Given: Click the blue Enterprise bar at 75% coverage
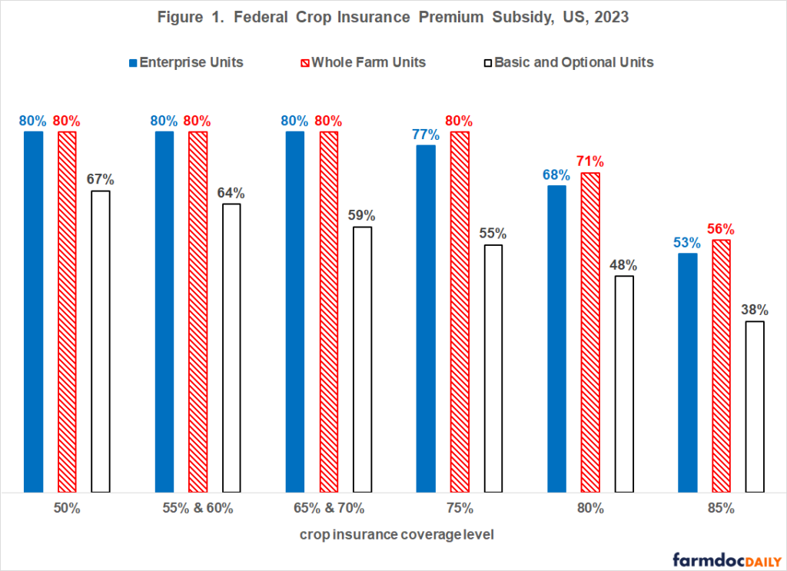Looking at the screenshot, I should [x=426, y=318].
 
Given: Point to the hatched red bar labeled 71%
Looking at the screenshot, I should [x=590, y=332].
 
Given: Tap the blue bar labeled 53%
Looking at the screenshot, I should [x=688, y=372].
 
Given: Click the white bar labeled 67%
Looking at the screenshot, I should [x=101, y=340].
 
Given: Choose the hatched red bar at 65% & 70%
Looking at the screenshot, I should [x=329, y=311].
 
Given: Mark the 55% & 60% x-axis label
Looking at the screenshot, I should [x=198, y=508].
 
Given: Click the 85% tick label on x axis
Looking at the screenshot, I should [x=722, y=508].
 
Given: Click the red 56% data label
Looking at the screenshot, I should [x=722, y=229].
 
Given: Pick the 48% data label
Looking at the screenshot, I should [x=624, y=265].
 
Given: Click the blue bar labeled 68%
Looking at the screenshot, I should [x=557, y=338].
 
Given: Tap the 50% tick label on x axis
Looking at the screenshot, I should [x=67, y=508].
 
